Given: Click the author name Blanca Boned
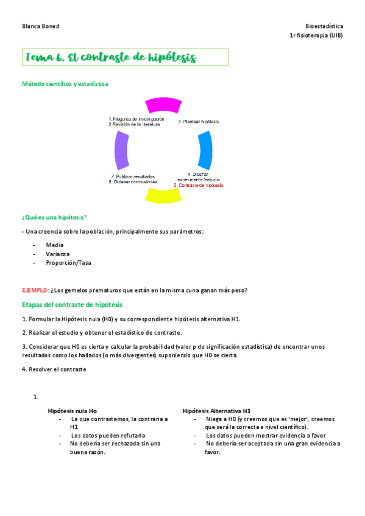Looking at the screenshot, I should [x=40, y=27].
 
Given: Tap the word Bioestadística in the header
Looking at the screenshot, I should [x=324, y=27].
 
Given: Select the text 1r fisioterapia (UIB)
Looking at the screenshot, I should [x=316, y=36].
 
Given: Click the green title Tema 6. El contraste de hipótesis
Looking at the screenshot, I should [x=111, y=58].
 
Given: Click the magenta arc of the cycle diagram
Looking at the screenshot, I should [x=163, y=105].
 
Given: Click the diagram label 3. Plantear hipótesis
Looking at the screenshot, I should [x=199, y=122].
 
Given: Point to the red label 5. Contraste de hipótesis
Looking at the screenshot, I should [x=199, y=185].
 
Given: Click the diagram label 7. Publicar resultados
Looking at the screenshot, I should [x=133, y=176].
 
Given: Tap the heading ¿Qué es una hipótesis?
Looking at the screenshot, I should [x=54, y=217].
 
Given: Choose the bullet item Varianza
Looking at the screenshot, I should [x=58, y=254].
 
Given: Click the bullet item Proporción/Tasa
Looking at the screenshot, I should [x=68, y=263].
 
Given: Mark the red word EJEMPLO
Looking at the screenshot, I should [x=34, y=290].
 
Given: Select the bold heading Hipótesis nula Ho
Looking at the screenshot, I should [x=72, y=411].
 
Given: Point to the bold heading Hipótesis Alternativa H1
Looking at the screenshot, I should [x=216, y=411].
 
